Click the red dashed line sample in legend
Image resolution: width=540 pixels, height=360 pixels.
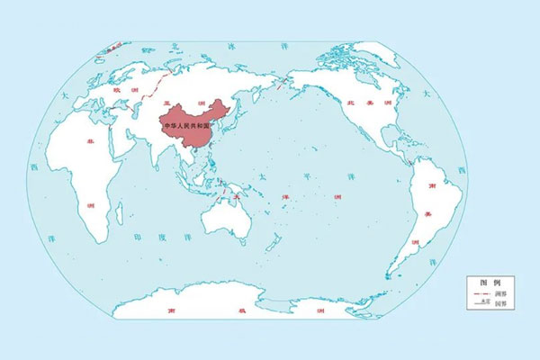tap(479, 294)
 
